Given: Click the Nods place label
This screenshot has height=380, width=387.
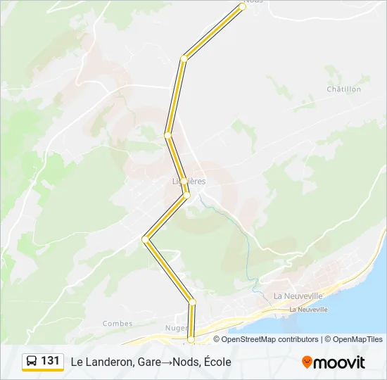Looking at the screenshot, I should pyautogui.click(x=255, y=2).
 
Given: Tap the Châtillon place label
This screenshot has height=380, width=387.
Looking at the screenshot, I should pyautogui.click(x=344, y=89).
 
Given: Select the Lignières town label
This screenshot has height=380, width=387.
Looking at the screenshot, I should pyautogui.click(x=189, y=181).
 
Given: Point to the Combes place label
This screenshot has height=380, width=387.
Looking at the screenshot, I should pyautogui.click(x=118, y=324).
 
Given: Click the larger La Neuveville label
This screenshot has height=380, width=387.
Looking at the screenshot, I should pyautogui.click(x=298, y=296).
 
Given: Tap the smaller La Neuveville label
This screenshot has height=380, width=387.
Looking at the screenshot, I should pyautogui.click(x=309, y=310).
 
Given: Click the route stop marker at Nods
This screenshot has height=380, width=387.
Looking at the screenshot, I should pyautogui.click(x=242, y=6).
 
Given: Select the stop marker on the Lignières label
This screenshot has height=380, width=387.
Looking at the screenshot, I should pyautogui.click(x=184, y=181).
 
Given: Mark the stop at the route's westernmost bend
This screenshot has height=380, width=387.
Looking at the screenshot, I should pyautogui.click(x=146, y=239).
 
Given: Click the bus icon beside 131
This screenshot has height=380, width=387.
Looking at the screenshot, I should pyautogui.click(x=32, y=361).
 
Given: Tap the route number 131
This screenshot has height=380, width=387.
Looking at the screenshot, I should pyautogui.click(x=50, y=361).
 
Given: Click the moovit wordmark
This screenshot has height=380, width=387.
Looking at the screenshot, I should pyautogui.click(x=339, y=362).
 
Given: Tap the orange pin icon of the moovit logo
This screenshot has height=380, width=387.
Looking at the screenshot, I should pyautogui.click(x=307, y=362).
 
